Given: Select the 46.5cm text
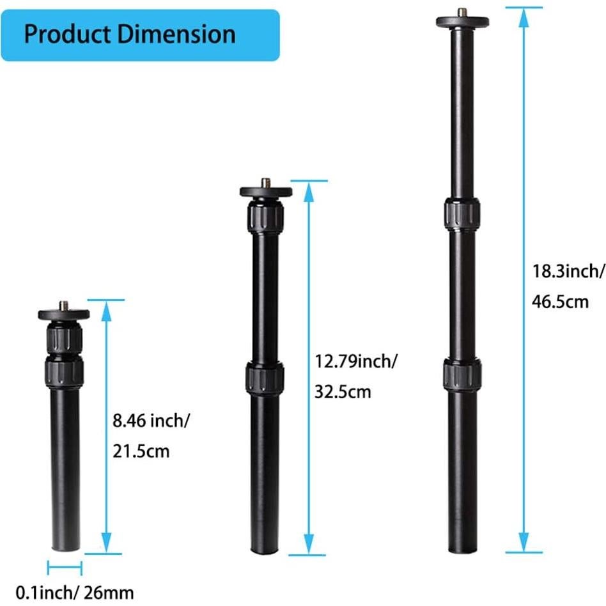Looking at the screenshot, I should tap(560, 302).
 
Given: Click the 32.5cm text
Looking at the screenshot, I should tap(343, 392).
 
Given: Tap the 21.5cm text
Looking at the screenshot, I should tap(141, 451).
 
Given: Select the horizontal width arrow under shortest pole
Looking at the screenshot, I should tap(65, 566).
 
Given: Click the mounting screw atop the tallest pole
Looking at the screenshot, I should tap(462, 12).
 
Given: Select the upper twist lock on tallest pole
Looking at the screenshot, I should tap(462, 214).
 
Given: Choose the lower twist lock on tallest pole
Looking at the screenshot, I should tap(462, 374).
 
